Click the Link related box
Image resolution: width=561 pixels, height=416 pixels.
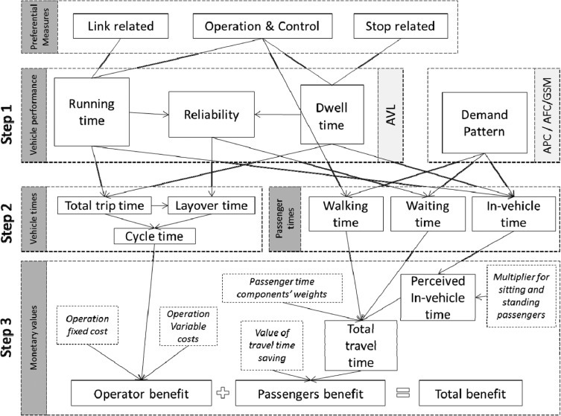pos(120,28)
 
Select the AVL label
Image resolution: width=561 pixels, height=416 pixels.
pos(390,115)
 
